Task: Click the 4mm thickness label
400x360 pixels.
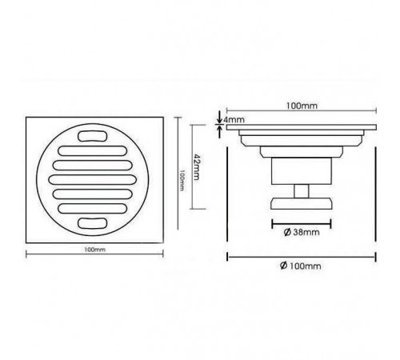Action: (x=234, y=120)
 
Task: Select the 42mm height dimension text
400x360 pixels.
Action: (x=196, y=167)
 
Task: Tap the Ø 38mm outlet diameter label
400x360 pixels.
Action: (x=302, y=232)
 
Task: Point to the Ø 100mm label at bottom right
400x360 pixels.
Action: (x=301, y=266)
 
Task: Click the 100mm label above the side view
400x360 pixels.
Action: (x=302, y=106)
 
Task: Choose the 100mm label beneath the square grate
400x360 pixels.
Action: (x=94, y=250)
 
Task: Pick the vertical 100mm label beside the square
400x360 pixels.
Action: (x=182, y=180)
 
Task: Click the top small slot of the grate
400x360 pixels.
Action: (x=93, y=136)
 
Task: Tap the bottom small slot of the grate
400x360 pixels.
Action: (x=93, y=223)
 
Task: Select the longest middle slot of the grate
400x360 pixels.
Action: (x=93, y=179)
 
